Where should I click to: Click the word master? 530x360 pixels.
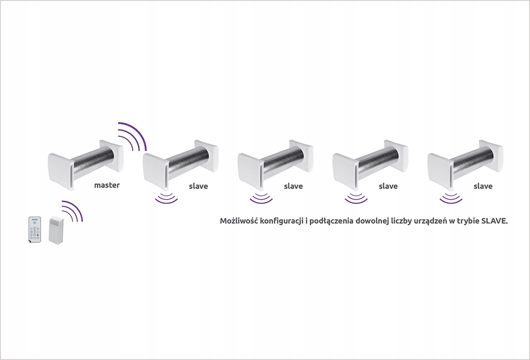[x=107, y=185]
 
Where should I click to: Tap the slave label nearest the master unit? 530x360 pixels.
[x=198, y=186]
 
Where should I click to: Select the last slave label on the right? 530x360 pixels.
[x=483, y=186]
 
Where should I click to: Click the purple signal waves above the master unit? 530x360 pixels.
[x=133, y=136]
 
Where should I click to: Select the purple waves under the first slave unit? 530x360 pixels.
[x=166, y=199]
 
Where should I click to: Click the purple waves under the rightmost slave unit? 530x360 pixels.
[x=451, y=199]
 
